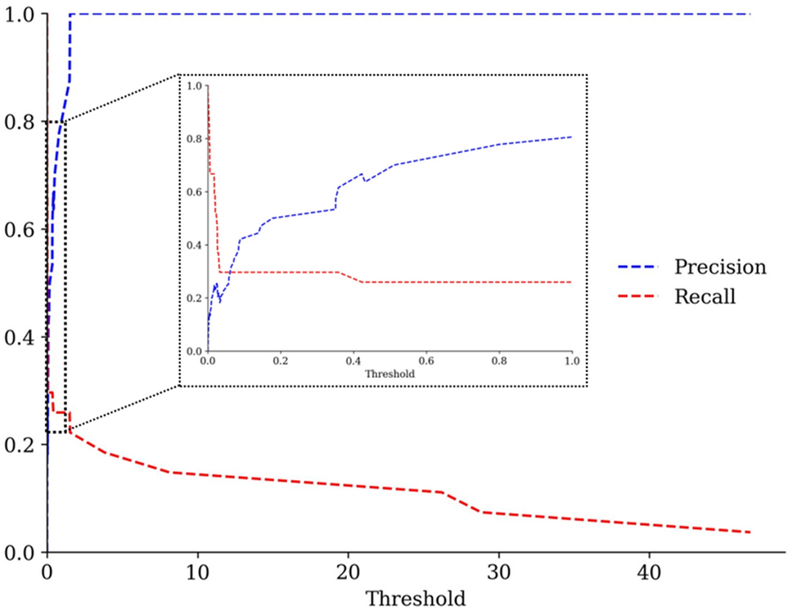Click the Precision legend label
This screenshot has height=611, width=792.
720,267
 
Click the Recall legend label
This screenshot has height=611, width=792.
704,297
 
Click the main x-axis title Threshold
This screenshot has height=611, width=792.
415,597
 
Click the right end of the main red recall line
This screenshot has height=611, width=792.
749,532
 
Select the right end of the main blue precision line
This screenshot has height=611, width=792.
749,14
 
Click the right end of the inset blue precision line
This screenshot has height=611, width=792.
571,137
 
